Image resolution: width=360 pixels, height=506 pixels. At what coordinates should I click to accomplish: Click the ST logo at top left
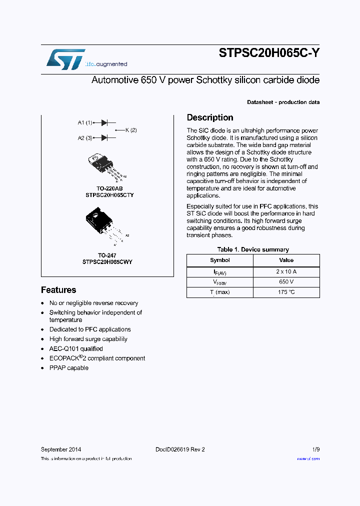pos(65,59)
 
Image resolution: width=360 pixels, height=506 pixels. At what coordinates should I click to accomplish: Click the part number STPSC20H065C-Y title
pos(269,53)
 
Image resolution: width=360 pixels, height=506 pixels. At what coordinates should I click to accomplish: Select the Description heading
pos(210,118)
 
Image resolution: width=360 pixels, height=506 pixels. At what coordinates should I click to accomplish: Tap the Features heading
pos(58,290)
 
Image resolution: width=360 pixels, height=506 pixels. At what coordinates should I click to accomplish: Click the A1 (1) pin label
pos(85,122)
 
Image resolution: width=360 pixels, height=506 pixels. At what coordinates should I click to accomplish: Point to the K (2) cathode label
pos(130,130)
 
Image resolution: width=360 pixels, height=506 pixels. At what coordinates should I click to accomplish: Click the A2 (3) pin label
pos(85,137)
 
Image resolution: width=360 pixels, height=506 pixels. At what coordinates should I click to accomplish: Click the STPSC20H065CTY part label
pos(109,195)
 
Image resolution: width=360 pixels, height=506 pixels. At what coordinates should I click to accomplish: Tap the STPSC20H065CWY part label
pos(107,261)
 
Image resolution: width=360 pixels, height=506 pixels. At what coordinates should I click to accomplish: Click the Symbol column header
pos(220,260)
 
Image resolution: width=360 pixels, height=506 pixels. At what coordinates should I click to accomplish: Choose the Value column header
pos(286,260)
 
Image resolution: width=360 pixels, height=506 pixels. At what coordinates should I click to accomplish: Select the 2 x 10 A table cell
pos(286,271)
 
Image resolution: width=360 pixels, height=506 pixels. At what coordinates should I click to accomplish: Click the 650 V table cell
pos(286,282)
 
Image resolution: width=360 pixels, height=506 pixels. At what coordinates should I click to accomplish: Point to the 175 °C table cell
pos(286,292)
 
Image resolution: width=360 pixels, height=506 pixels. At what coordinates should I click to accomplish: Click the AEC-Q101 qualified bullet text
pos(76,349)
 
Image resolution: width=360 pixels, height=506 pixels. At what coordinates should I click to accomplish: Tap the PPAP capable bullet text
pos(69,368)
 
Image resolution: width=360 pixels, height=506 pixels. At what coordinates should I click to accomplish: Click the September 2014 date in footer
pos(61,449)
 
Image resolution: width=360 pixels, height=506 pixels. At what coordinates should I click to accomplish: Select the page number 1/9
pos(316,449)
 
